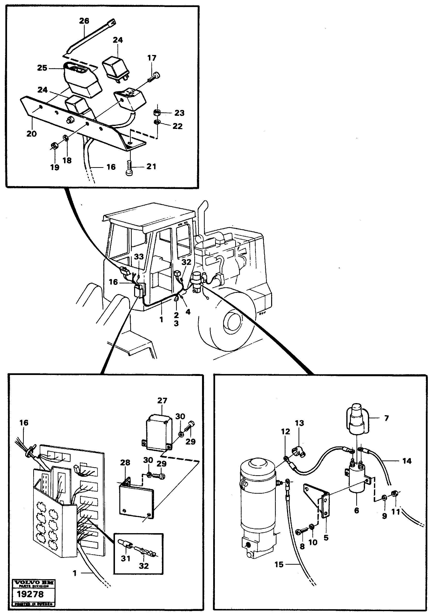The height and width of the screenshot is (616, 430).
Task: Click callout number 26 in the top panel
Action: coord(84,21)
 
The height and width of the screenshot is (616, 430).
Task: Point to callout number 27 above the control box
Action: coord(162,401)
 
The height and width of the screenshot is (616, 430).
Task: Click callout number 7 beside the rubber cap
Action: coord(387,418)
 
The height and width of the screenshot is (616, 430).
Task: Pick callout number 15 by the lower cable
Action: coord(279,564)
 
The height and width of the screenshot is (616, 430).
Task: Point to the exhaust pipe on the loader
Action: coord(205,217)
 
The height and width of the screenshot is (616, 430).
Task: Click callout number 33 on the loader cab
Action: coord(139,257)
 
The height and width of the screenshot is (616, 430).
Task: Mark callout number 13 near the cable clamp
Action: coord(299,423)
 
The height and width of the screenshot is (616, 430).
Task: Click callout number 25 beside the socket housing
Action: coord(42,68)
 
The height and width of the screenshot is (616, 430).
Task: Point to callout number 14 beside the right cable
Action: coord(407,461)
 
